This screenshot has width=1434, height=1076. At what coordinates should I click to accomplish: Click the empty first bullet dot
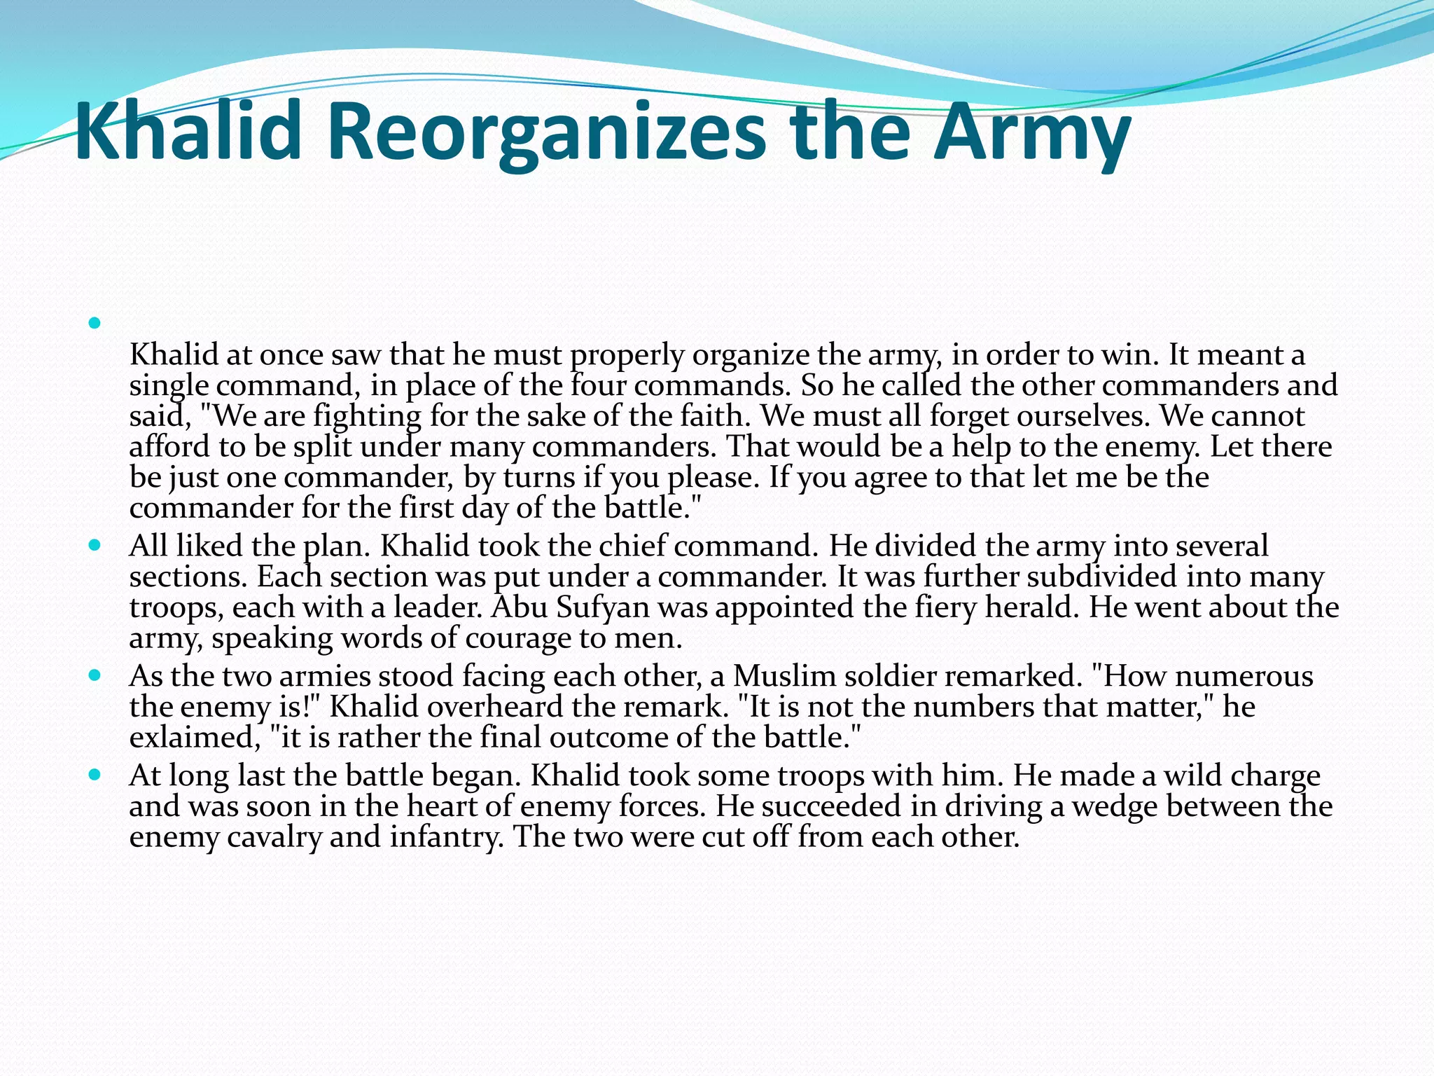point(95,324)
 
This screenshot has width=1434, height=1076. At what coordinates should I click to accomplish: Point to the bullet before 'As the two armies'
point(95,676)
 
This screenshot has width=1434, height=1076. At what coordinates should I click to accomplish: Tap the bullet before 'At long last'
point(95,776)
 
